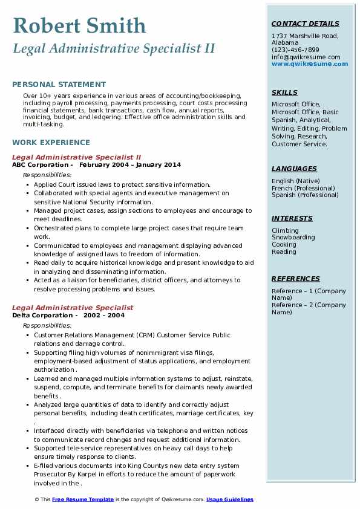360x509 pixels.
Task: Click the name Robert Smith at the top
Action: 79,26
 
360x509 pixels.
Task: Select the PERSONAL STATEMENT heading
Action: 59,85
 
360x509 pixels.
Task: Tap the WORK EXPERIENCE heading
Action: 51,143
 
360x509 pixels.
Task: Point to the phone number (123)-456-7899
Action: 295,50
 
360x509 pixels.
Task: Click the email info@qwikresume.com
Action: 306,57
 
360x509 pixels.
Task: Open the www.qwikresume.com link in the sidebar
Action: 305,63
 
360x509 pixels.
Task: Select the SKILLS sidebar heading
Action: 284,92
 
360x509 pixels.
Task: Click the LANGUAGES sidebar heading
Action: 294,169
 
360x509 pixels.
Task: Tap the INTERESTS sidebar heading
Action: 292,218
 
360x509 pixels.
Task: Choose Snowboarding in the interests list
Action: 293,238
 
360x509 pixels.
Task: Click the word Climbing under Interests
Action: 285,230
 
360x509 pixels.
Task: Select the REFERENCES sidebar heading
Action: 295,279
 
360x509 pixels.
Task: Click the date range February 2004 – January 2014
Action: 129,164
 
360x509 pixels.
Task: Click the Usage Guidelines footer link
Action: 229,499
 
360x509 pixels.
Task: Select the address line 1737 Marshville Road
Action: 305,36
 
